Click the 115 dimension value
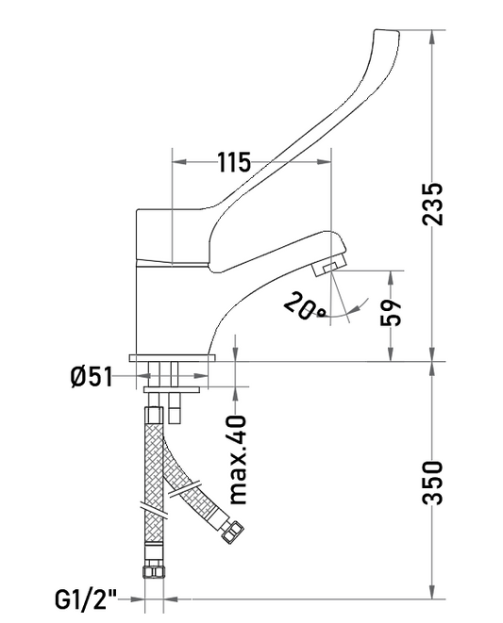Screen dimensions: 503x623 234,162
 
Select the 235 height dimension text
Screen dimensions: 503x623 432,204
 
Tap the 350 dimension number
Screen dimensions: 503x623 432,483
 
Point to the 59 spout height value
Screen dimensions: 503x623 391,312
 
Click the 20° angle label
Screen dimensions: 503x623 306,305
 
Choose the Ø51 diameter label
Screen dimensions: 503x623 92,376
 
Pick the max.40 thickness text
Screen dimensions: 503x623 239,460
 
